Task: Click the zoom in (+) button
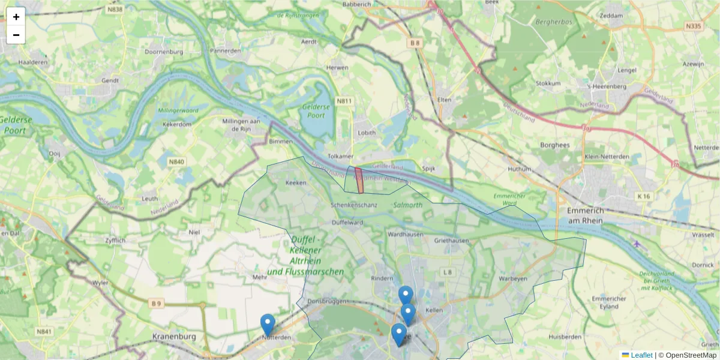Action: click(x=16, y=17)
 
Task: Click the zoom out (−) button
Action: click(x=16, y=35)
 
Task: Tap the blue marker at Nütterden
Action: click(x=268, y=325)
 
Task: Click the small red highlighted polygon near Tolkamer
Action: click(x=359, y=180)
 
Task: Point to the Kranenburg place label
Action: click(x=174, y=337)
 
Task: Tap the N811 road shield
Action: click(x=344, y=101)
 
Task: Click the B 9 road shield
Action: click(x=157, y=304)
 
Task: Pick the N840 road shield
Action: click(x=176, y=162)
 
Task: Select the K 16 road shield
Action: click(x=644, y=196)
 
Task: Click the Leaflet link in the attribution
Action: click(x=641, y=355)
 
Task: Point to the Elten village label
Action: click(x=444, y=100)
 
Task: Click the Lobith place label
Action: click(x=366, y=133)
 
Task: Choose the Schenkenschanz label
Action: click(x=353, y=205)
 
